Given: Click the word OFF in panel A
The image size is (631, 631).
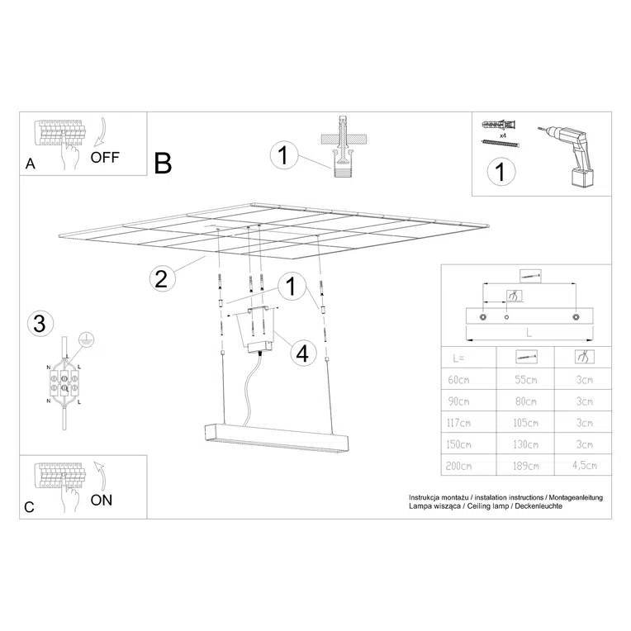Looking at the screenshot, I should click(x=106, y=155).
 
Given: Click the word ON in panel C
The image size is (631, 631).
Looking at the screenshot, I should click(x=102, y=500).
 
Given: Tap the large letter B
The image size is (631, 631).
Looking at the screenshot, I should click(x=163, y=164).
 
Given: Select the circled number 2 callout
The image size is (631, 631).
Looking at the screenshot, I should click(x=163, y=278).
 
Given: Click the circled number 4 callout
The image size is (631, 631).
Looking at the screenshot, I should click(x=301, y=353).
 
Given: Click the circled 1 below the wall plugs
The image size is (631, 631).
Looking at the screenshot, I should click(x=499, y=173).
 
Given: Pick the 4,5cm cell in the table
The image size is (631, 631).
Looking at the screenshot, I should click(x=584, y=467).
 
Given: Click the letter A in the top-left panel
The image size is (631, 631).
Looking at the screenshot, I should click(x=31, y=164).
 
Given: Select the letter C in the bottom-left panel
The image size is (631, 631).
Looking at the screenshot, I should click(x=30, y=507).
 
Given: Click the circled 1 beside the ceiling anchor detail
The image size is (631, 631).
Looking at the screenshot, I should click(x=283, y=155).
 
